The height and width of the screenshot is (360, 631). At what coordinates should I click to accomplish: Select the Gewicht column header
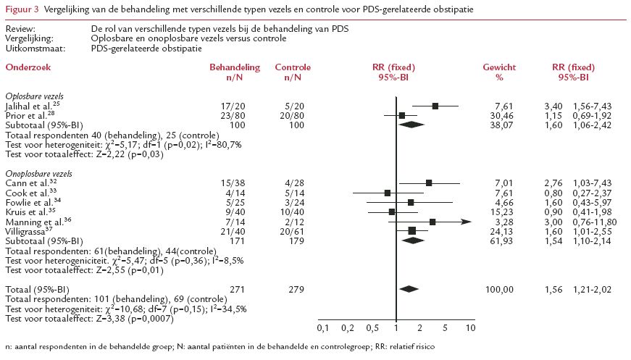click(498, 67)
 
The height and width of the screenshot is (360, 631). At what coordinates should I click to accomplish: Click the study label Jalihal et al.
click(28, 106)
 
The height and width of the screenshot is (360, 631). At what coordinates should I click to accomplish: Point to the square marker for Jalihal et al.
click(435, 106)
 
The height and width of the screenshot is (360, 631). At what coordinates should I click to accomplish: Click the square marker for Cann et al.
click(430, 183)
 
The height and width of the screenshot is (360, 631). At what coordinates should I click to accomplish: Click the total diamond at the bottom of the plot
click(410, 289)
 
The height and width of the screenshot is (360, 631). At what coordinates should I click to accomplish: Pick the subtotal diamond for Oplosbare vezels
click(411, 125)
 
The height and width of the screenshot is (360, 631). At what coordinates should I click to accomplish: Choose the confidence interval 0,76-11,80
click(593, 222)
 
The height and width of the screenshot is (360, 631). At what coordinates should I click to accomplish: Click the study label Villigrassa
click(29, 231)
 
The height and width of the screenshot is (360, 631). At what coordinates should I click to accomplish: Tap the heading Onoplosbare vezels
click(38, 174)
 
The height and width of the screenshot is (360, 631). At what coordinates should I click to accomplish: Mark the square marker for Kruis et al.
click(392, 212)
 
